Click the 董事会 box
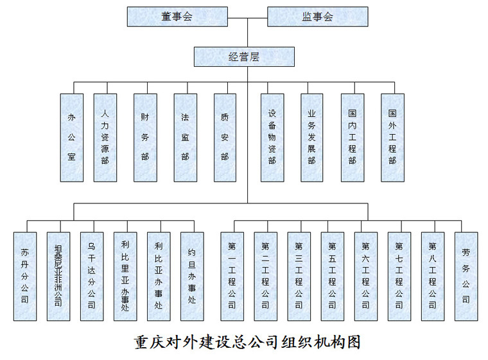(x=177, y=17)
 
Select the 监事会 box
(x=317, y=17)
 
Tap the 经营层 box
(x=244, y=57)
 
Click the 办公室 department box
(x=71, y=137)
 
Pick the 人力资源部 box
(x=105, y=137)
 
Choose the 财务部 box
(x=145, y=137)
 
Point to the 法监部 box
(x=185, y=137)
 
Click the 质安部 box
(x=225, y=137)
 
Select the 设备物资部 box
(x=272, y=137)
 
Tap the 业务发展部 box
(x=312, y=137)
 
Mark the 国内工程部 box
(x=352, y=137)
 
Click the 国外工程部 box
(x=392, y=137)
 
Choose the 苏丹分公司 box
(x=24, y=276)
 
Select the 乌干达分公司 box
(x=91, y=276)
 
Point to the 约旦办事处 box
(x=191, y=276)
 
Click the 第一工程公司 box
(x=232, y=276)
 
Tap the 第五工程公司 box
(x=332, y=276)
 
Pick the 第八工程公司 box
(x=432, y=276)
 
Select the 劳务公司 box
(x=466, y=276)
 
